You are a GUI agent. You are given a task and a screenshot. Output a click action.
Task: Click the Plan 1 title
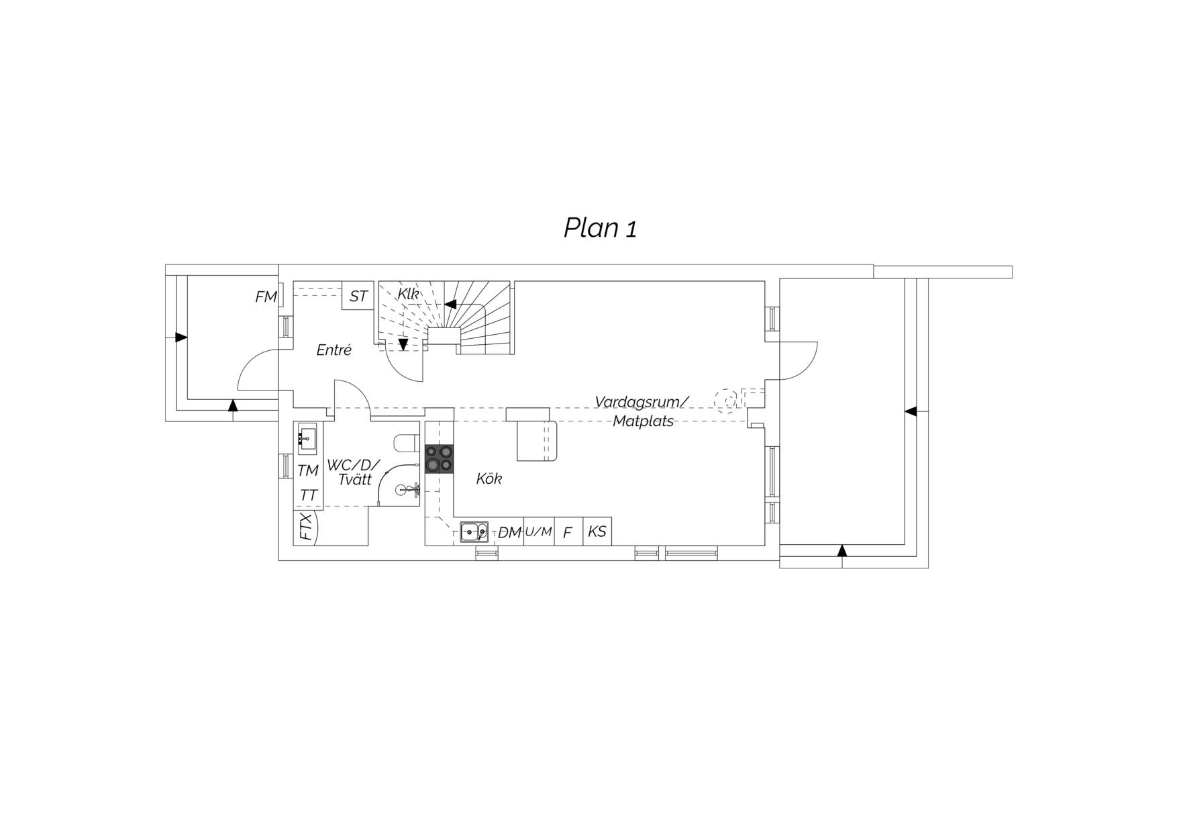600,229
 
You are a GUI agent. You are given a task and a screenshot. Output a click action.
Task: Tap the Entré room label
334,350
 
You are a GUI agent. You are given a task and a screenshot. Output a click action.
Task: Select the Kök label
489,478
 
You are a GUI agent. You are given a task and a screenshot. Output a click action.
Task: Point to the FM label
266,297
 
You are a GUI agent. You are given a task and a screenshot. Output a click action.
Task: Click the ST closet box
358,295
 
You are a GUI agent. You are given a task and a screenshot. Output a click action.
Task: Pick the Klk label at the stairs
408,294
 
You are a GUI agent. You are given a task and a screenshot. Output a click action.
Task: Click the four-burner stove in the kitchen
440,458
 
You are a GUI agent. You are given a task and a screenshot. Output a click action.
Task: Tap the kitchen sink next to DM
474,531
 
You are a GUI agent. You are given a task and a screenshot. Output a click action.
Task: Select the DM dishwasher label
510,533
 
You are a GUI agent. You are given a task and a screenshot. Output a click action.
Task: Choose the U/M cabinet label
538,531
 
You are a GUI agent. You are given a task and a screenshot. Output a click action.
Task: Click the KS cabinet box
597,531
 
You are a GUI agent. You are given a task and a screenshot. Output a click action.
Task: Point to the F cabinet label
568,533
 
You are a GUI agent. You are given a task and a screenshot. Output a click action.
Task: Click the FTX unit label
306,527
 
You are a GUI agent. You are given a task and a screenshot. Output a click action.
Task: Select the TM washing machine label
308,471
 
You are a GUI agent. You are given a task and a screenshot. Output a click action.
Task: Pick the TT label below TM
309,495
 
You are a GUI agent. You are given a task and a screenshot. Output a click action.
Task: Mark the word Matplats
644,422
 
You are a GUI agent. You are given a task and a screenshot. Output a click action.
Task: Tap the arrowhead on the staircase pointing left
450,304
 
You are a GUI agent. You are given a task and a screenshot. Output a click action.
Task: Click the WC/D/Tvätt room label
354,472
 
